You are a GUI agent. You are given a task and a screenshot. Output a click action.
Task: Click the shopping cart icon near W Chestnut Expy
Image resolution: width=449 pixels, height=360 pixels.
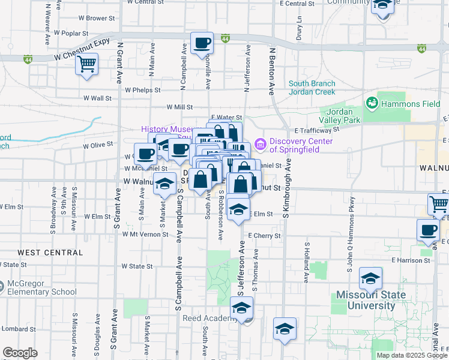[87, 64]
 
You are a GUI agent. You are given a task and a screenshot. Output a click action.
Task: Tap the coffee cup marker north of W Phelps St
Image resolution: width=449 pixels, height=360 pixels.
[202, 43]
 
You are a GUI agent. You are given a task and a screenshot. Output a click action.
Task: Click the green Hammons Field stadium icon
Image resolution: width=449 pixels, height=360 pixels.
[372, 103]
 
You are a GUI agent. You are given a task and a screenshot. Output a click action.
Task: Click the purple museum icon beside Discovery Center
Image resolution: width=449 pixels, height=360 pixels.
[261, 144]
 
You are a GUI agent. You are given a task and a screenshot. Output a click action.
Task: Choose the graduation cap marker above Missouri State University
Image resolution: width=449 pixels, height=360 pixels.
[371, 278]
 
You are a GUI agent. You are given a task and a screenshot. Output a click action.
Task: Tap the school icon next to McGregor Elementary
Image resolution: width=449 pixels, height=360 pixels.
[1, 286]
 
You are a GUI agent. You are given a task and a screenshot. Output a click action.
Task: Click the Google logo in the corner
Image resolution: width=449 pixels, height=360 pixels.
[20, 353]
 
